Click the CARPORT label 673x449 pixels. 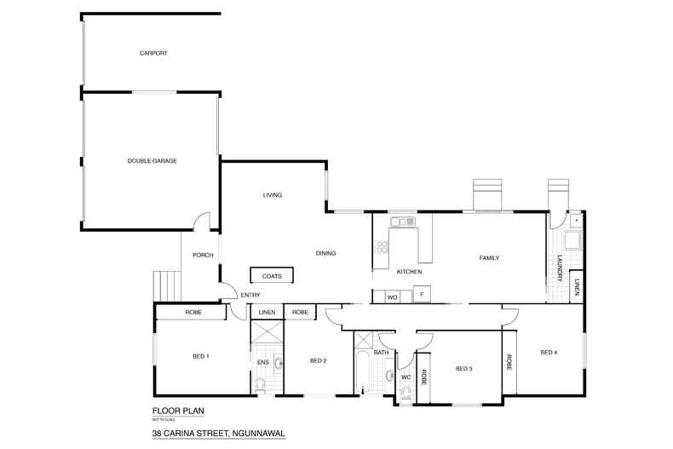153,53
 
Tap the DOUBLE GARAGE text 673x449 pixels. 152,160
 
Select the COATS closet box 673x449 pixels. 272,275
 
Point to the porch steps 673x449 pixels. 166,286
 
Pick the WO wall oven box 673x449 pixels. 393,296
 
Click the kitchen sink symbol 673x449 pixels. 402,222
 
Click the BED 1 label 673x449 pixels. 201,355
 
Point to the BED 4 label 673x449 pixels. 549,352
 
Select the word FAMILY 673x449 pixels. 488,257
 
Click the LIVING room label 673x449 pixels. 272,195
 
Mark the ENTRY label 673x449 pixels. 250,295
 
